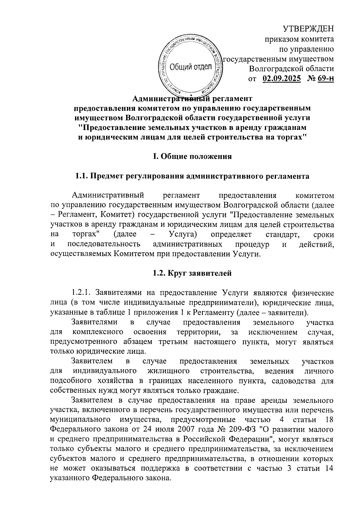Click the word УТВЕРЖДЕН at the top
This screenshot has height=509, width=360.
[309, 29]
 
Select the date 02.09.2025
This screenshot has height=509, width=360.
[282, 79]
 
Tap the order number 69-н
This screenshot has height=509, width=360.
[325, 79]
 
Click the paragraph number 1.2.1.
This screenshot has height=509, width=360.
[82, 293]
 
